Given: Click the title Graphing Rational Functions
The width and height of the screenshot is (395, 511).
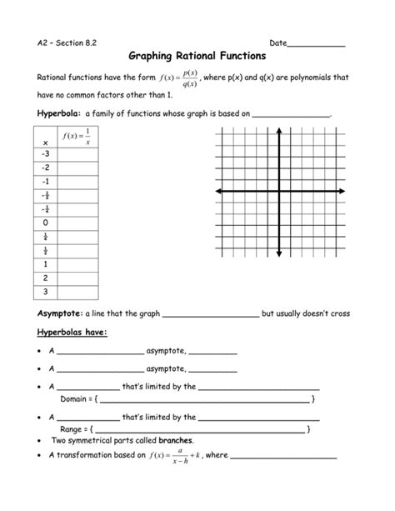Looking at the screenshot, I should tap(197, 57).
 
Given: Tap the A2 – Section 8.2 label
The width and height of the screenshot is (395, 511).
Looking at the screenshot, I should tap(69, 43).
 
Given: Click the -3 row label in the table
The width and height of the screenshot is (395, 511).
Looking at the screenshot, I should tap(44, 154).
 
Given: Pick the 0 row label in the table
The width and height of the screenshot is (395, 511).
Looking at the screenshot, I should tap(44, 223).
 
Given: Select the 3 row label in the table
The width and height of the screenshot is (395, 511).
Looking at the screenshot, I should tap(44, 291).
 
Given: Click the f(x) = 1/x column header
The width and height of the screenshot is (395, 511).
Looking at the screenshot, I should tap(75, 136).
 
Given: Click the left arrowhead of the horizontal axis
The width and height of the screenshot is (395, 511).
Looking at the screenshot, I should tap(217, 193).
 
